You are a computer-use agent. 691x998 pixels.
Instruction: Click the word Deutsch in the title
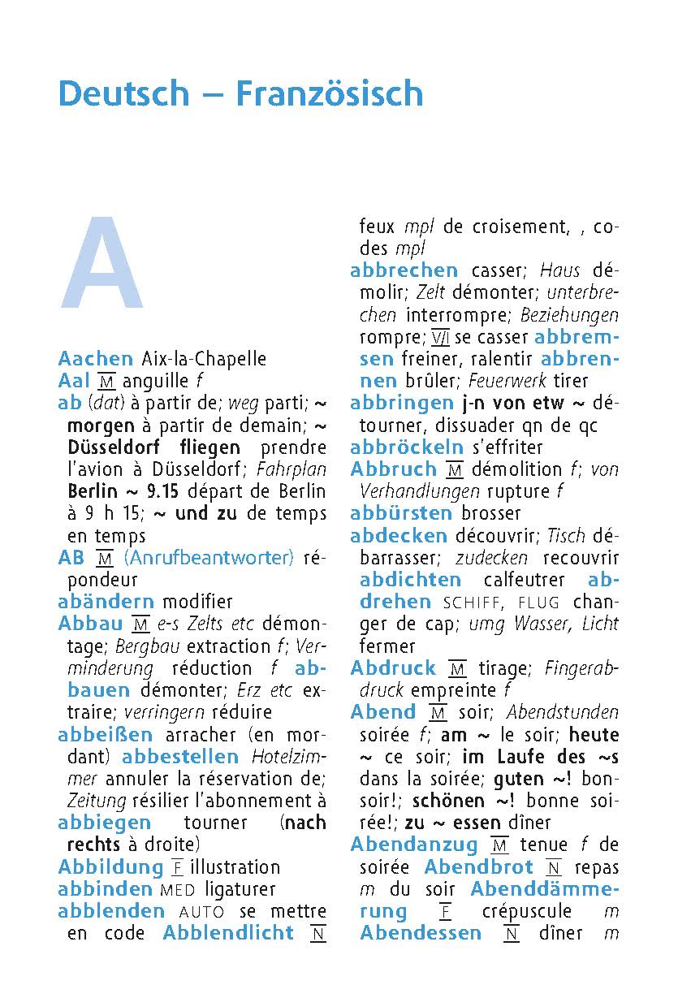[x=123, y=94]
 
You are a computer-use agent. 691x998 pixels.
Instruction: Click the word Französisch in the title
[x=329, y=94]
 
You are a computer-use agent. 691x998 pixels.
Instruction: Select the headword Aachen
[x=96, y=359]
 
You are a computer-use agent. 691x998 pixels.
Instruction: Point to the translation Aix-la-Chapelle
[x=203, y=359]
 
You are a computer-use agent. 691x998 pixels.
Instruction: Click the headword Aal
[x=74, y=381]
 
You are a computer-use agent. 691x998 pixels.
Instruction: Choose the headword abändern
[x=106, y=602]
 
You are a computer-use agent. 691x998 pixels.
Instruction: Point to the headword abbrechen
[x=404, y=271]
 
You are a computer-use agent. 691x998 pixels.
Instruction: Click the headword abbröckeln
[x=407, y=447]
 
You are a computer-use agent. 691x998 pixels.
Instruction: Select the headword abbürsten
[x=401, y=513]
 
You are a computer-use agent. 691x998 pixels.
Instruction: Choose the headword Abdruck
[x=393, y=668]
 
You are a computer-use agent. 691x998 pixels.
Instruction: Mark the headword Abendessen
[x=421, y=934]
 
